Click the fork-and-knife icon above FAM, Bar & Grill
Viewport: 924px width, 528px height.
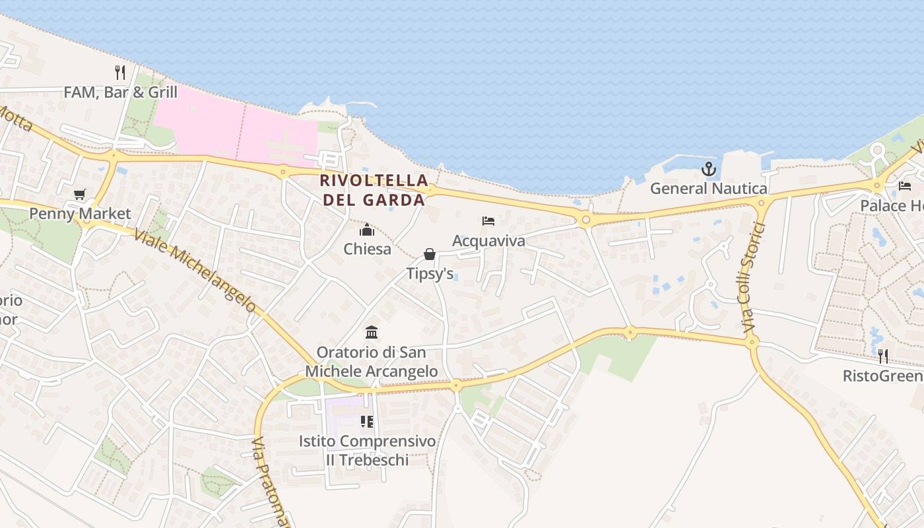pos(120,73)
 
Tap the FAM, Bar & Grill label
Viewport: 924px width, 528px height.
pos(120,92)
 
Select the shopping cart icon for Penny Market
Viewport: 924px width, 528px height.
pos(80,194)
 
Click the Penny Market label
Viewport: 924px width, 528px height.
pos(80,214)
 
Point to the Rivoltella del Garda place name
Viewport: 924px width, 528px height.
pos(374,190)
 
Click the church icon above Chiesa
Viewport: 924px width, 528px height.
pos(367,230)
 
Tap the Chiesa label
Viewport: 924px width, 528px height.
pos(367,249)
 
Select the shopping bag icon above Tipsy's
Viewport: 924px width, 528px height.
pos(430,254)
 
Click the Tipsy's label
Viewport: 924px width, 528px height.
pos(430,273)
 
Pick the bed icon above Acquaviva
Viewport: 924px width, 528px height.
pos(488,221)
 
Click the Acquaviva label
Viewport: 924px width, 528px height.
pos(488,241)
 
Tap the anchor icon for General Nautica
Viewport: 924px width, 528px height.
pos(708,169)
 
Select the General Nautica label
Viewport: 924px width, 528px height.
pos(708,189)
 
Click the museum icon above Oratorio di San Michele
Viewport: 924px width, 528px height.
pos(372,331)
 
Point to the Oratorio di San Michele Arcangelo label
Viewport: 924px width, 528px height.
pos(371,362)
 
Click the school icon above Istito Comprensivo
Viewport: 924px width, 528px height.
pos(367,421)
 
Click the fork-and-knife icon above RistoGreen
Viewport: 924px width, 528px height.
pos(882,356)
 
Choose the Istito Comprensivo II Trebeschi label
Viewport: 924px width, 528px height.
pos(367,451)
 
